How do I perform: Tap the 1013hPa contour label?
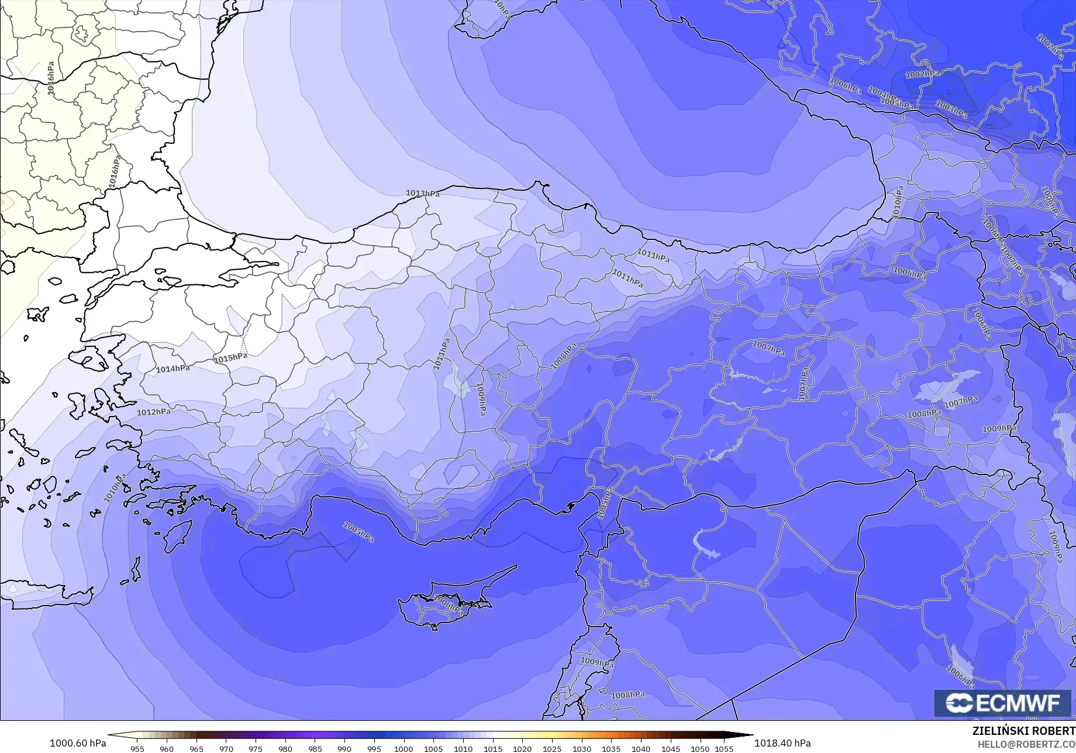(x=422, y=194)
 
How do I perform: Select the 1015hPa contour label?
(x=230, y=358)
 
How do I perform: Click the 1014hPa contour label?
(x=173, y=369)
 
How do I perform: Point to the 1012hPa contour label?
(x=154, y=412)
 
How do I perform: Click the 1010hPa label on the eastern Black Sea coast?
(x=898, y=202)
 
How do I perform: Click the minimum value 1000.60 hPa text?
(x=78, y=743)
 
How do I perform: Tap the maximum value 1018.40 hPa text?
(x=782, y=743)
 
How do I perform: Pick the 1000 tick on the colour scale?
(x=403, y=749)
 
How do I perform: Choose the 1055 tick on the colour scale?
(x=723, y=749)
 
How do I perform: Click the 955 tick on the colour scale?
(x=137, y=749)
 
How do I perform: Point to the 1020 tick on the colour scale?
(x=522, y=749)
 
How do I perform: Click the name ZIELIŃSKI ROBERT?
(x=1023, y=731)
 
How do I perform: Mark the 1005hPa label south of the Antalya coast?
(x=358, y=532)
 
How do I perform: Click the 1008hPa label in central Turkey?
(x=564, y=356)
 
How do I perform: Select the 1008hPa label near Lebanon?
(x=627, y=695)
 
